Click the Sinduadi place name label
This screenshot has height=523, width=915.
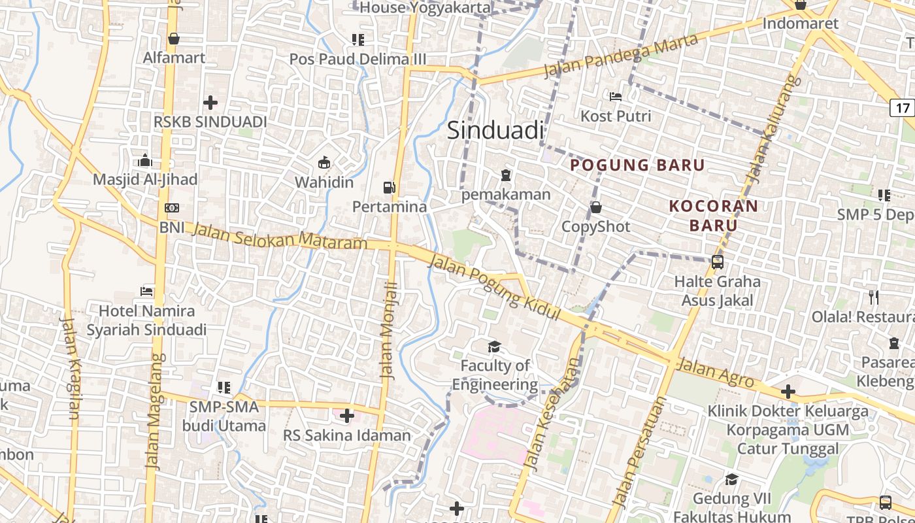495,131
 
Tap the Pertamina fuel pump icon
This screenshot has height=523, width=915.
390,188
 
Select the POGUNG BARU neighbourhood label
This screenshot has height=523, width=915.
638,165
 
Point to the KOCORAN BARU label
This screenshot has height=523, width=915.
713,216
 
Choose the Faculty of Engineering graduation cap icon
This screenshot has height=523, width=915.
494,346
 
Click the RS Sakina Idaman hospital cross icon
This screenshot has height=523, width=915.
347,416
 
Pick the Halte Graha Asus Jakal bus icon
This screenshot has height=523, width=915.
718,263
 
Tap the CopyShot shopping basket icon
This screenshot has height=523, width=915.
596,208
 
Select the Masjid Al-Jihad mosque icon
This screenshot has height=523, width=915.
145,160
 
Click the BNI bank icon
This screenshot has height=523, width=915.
172,208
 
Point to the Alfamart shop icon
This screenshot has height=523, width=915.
174,39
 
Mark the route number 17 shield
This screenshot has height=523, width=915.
903,108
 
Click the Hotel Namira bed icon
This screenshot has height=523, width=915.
147,291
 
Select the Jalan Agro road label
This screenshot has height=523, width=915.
715,373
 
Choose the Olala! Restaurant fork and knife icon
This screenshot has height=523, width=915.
874,297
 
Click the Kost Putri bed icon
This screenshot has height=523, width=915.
616,97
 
